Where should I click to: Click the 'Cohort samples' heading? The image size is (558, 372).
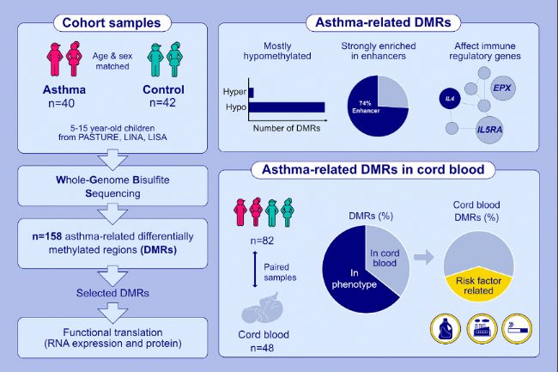[112, 23]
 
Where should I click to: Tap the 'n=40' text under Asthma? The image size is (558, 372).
[62, 103]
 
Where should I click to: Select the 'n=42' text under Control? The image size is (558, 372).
[162, 102]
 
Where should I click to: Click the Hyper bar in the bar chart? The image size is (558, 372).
[252, 93]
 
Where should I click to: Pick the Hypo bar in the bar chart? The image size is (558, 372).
[287, 107]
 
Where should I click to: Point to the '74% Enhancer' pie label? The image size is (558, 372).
[366, 107]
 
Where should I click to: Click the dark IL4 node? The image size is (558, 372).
[450, 98]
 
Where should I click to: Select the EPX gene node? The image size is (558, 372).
[502, 88]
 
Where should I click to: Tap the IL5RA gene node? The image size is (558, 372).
[489, 130]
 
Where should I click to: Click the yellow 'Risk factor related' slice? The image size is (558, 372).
[479, 284]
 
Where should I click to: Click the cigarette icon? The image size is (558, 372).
[517, 328]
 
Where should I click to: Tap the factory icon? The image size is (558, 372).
[482, 328]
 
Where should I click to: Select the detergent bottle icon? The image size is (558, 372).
[446, 328]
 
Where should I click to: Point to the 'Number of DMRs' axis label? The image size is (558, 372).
[287, 128]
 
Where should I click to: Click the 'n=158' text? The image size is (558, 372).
[46, 236]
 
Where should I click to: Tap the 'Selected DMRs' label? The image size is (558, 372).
[112, 293]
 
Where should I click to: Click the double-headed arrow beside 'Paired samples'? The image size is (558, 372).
[255, 269]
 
